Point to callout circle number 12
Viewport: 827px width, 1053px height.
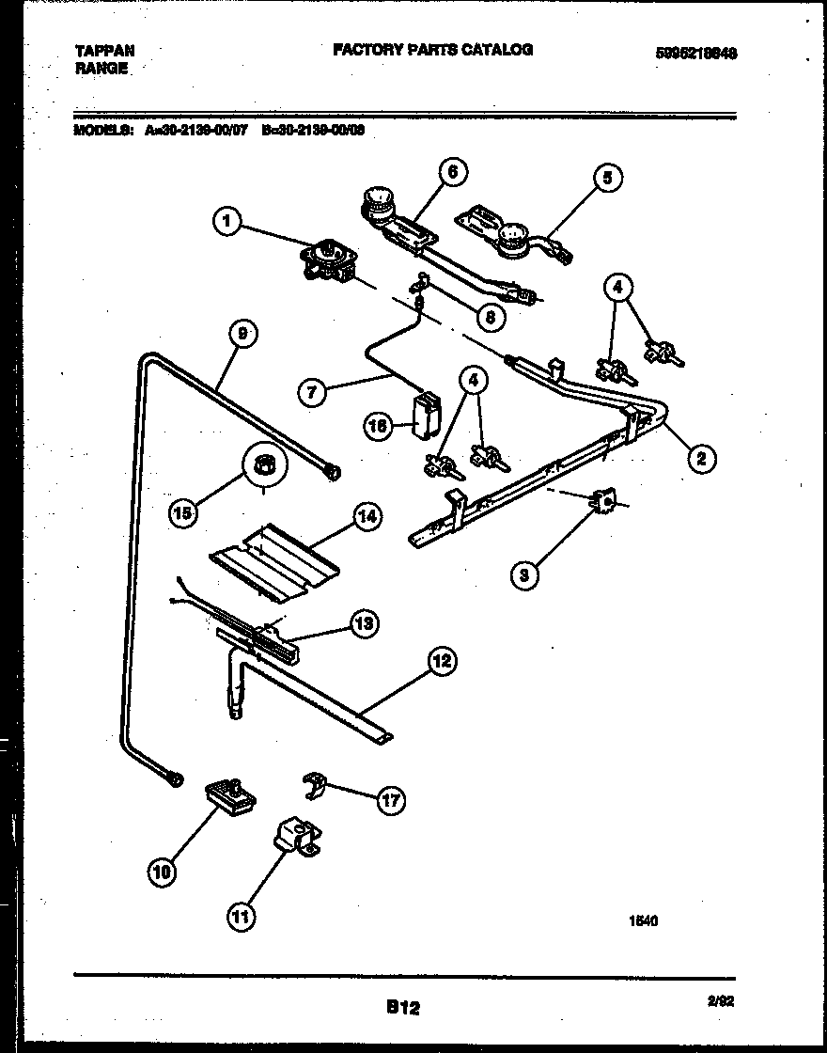coord(441,661)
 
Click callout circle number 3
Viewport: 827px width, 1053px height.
coord(525,574)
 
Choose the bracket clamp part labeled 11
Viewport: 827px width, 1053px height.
coord(296,837)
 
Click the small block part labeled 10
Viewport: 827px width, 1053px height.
coord(229,797)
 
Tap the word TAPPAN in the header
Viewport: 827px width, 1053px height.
coord(104,50)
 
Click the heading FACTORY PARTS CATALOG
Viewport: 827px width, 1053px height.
coord(432,50)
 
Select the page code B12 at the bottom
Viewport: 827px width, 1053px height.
coord(402,1008)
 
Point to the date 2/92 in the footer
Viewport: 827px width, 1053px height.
coord(721,1002)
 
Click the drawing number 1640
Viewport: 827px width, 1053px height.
coord(643,921)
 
